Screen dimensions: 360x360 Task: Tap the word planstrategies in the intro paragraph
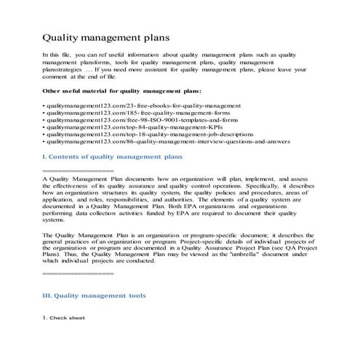coord(63,70)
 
